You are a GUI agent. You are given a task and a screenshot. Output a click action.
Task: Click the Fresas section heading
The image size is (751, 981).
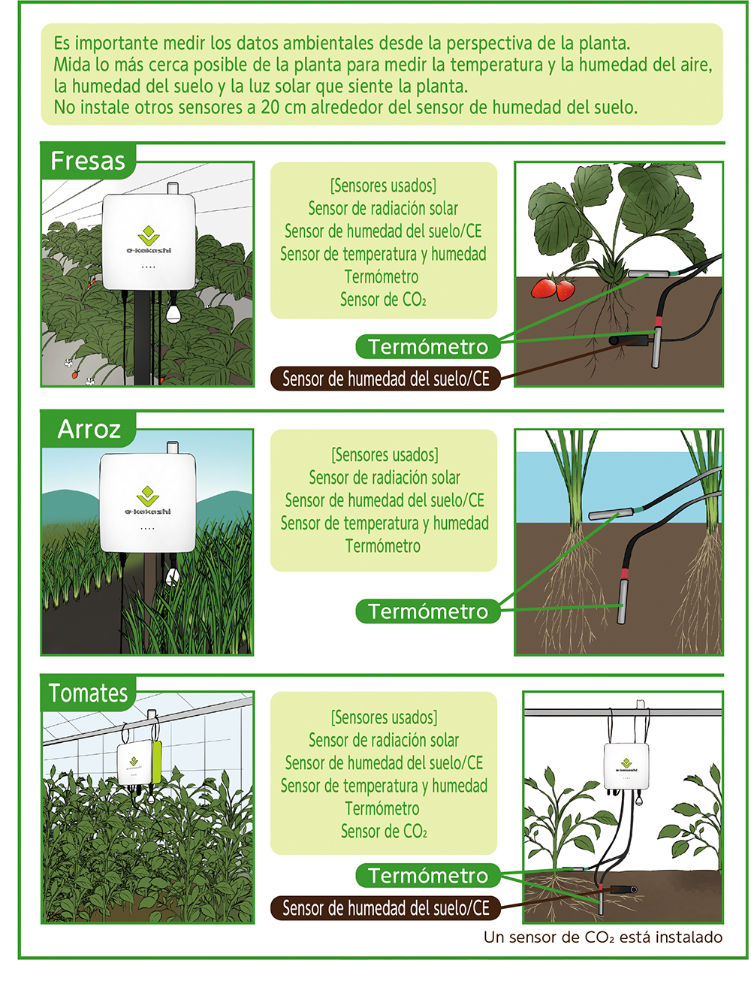[88, 161]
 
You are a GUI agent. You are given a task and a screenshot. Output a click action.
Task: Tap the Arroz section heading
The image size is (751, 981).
[89, 429]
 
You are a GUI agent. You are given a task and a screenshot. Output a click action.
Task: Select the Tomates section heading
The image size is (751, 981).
[88, 693]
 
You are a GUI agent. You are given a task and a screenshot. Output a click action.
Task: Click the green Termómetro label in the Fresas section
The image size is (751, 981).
[428, 347]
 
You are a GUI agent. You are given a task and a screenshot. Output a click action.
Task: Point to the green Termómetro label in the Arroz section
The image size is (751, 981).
[428, 611]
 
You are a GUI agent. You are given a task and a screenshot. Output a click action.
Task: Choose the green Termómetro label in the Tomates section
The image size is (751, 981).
[428, 875]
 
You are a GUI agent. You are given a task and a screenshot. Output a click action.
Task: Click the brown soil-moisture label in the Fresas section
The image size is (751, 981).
[386, 379]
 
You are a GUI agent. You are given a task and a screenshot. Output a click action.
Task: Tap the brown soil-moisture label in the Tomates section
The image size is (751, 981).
[386, 908]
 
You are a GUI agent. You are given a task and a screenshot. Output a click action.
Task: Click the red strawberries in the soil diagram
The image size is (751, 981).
[553, 288]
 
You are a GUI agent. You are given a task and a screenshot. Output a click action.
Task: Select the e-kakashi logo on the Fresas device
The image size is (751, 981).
[149, 240]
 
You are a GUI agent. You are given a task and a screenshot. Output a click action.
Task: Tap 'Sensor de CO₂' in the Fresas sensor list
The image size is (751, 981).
[383, 299]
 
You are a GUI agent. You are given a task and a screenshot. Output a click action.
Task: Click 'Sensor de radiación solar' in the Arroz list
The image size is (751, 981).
[384, 478]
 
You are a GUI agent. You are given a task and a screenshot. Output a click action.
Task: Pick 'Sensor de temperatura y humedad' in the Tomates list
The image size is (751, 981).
[384, 786]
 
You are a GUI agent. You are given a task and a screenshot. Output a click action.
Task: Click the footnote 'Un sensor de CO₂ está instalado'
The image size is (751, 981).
[602, 937]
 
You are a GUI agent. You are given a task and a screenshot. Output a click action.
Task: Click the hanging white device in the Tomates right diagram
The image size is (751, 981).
[626, 765]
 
